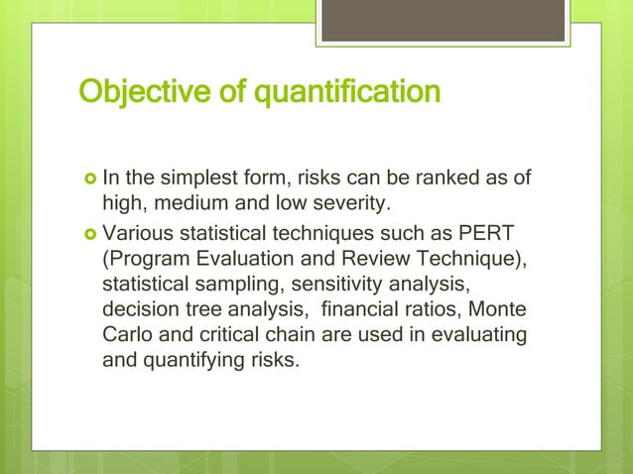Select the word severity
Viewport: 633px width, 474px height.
[x=356, y=204]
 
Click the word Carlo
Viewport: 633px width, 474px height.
[x=127, y=334]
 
